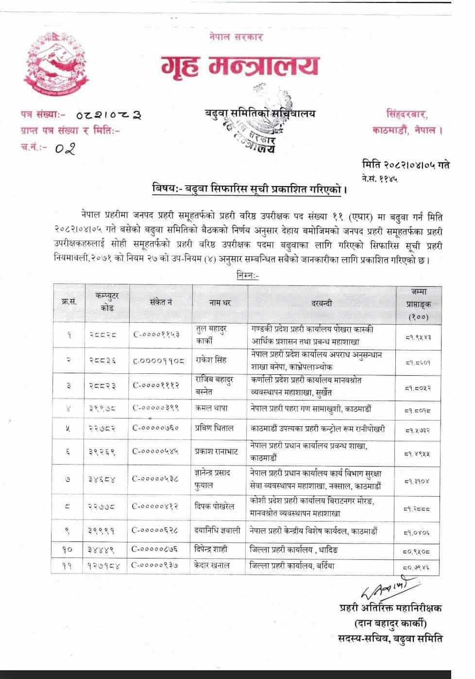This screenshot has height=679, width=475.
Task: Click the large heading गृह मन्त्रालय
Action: coord(241,66)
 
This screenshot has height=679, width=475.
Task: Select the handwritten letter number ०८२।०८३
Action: coord(109,115)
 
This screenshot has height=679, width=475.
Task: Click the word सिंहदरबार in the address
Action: coord(407,114)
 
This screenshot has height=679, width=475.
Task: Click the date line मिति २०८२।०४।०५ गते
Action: coord(406,165)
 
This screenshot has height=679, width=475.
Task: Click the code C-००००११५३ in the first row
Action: coord(156,335)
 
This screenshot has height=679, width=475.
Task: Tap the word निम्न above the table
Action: coord(248,276)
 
